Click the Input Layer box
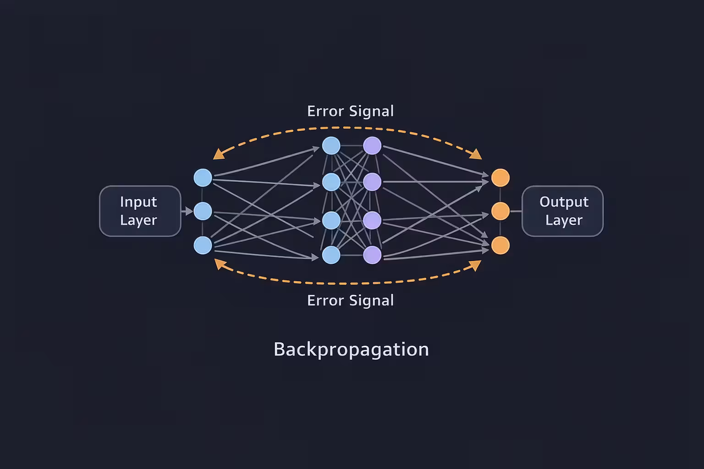pyautogui.click(x=140, y=211)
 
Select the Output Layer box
pyautogui.click(x=563, y=211)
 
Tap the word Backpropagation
pyautogui.click(x=351, y=349)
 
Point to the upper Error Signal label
pyautogui.click(x=350, y=111)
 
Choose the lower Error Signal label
pyautogui.click(x=350, y=300)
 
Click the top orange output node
pyautogui.click(x=500, y=178)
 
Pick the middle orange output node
pyautogui.click(x=500, y=211)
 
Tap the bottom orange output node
pyautogui.click(x=500, y=245)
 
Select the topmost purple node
pyautogui.click(x=372, y=146)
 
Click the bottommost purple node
pyautogui.click(x=372, y=255)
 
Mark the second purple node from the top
pyautogui.click(x=372, y=182)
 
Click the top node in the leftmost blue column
pyautogui.click(x=203, y=178)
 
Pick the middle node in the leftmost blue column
pyautogui.click(x=203, y=211)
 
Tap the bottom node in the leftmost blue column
pyautogui.click(x=203, y=245)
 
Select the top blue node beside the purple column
pyautogui.click(x=331, y=146)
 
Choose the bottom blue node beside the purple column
pyautogui.click(x=331, y=255)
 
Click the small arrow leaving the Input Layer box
pyautogui.click(x=187, y=211)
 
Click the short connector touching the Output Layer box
pyautogui.click(x=516, y=211)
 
